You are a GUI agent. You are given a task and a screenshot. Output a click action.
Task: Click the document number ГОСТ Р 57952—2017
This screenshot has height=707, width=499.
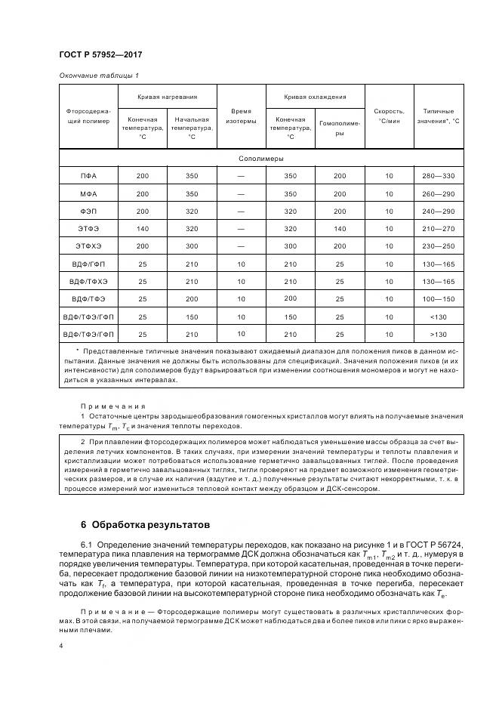click(x=100, y=55)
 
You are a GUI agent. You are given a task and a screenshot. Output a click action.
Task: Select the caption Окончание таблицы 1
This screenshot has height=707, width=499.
click(x=98, y=75)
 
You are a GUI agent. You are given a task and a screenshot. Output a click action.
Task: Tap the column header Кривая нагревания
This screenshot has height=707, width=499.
click(x=167, y=97)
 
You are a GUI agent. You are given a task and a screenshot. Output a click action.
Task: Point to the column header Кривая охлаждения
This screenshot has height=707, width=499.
click(x=315, y=97)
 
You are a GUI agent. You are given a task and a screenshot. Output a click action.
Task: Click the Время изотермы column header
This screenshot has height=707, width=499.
click(x=241, y=115)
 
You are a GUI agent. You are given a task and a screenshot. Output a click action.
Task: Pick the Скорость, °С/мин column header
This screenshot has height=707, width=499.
click(x=389, y=115)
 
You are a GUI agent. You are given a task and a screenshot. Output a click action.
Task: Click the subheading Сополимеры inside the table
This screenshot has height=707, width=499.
click(x=261, y=159)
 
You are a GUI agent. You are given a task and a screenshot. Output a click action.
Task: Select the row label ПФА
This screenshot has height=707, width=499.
click(x=88, y=176)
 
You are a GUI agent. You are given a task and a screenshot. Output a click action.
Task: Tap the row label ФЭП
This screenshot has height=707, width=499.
click(x=88, y=211)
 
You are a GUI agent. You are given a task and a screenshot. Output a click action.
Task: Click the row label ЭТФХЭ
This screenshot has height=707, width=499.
click(x=88, y=246)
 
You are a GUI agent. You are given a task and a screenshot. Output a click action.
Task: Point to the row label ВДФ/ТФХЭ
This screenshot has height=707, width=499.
click(x=88, y=281)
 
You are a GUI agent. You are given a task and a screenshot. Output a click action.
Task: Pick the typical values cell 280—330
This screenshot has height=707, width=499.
click(x=439, y=176)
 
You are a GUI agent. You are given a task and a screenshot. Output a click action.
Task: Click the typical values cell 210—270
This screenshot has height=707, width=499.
click(x=439, y=229)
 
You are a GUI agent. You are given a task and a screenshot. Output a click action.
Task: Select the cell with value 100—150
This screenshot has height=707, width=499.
click(x=439, y=298)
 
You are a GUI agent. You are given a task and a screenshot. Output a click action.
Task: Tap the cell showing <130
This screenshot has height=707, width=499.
click(x=439, y=316)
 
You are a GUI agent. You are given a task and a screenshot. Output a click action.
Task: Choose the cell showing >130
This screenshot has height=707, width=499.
click(x=439, y=334)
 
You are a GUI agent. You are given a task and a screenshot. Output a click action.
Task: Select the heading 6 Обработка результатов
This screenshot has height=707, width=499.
click(x=143, y=523)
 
